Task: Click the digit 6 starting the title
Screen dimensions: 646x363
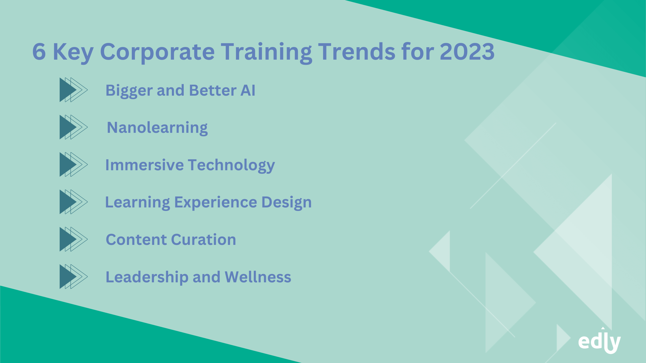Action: click(x=39, y=52)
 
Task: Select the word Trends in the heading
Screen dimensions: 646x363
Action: click(x=356, y=52)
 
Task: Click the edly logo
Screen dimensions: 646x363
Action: click(x=599, y=341)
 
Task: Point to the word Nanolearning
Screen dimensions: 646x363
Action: click(x=157, y=128)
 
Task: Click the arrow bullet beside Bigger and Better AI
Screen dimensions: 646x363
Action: click(x=74, y=90)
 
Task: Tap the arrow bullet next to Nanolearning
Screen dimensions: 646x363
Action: click(x=74, y=127)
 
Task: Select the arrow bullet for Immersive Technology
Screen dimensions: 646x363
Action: click(x=74, y=165)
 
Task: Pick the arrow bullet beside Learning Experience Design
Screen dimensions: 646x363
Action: click(x=74, y=202)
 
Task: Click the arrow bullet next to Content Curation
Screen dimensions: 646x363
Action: click(x=74, y=239)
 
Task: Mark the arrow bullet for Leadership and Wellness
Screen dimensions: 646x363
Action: click(x=74, y=277)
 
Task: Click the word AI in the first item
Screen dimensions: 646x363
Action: click(x=248, y=90)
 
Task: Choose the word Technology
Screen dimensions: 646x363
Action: click(x=231, y=166)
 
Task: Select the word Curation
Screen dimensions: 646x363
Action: click(x=204, y=240)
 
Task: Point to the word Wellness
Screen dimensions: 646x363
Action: click(x=258, y=277)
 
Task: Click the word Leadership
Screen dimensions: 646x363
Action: click(x=147, y=277)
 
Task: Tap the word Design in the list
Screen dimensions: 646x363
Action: click(x=286, y=203)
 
